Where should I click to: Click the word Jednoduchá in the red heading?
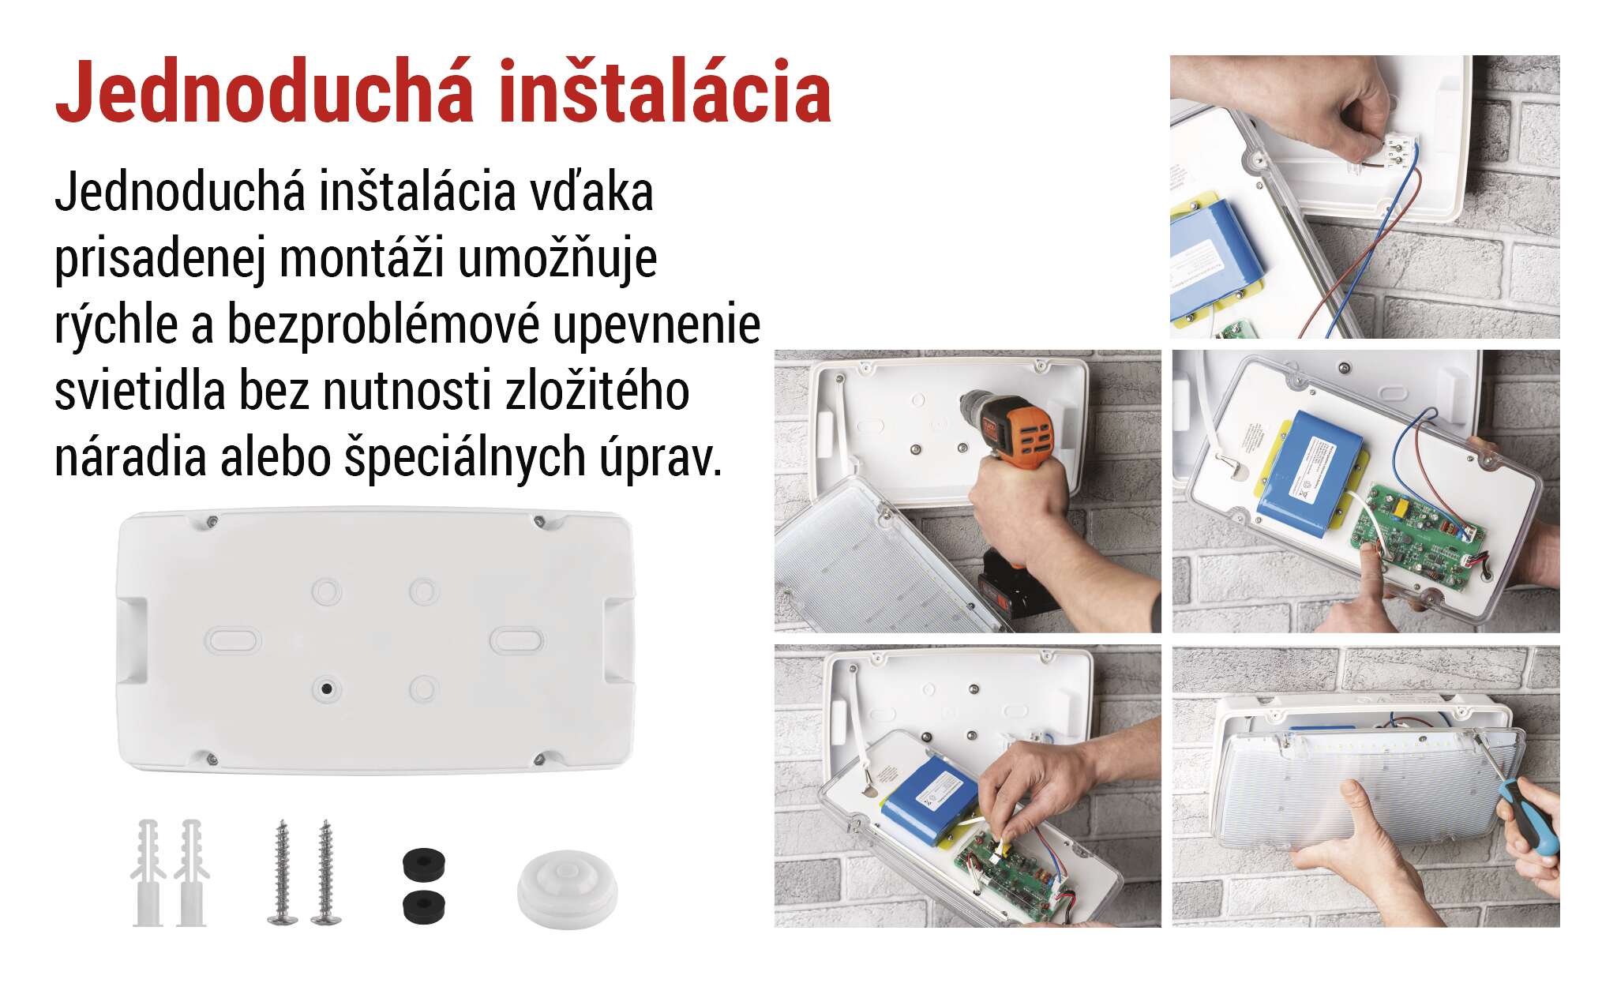click(265, 92)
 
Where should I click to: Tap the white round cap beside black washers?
click(567, 890)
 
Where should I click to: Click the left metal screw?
click(282, 872)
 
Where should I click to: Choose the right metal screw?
click(326, 872)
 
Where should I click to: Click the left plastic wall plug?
click(148, 872)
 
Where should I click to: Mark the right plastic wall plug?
click(191, 872)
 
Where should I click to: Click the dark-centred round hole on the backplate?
click(325, 688)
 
